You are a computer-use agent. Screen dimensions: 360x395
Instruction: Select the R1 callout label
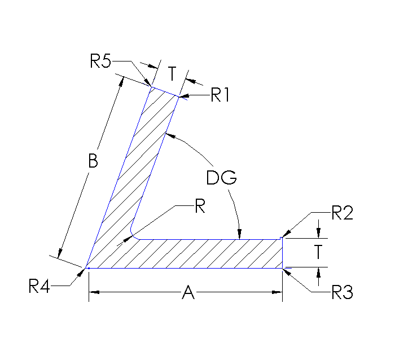[x=220, y=95]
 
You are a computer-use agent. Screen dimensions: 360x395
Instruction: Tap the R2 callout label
[x=342, y=213]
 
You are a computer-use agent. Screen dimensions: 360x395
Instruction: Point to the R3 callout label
[x=342, y=292]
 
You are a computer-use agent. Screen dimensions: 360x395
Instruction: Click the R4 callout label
[x=40, y=287]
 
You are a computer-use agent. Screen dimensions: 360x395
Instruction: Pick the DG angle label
[x=221, y=178]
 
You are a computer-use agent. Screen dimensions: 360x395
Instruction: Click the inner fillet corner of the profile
[x=134, y=234]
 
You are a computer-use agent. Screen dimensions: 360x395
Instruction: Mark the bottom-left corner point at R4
[x=88, y=268]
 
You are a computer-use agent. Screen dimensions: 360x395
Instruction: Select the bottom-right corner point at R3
[x=282, y=268]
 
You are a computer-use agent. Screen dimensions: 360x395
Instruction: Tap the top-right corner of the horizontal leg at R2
[x=282, y=239]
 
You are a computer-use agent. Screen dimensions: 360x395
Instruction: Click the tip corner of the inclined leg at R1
[x=178, y=97]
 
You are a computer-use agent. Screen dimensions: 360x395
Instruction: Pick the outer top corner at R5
[x=151, y=87]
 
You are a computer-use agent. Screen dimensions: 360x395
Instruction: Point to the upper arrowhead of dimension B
[x=120, y=81]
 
